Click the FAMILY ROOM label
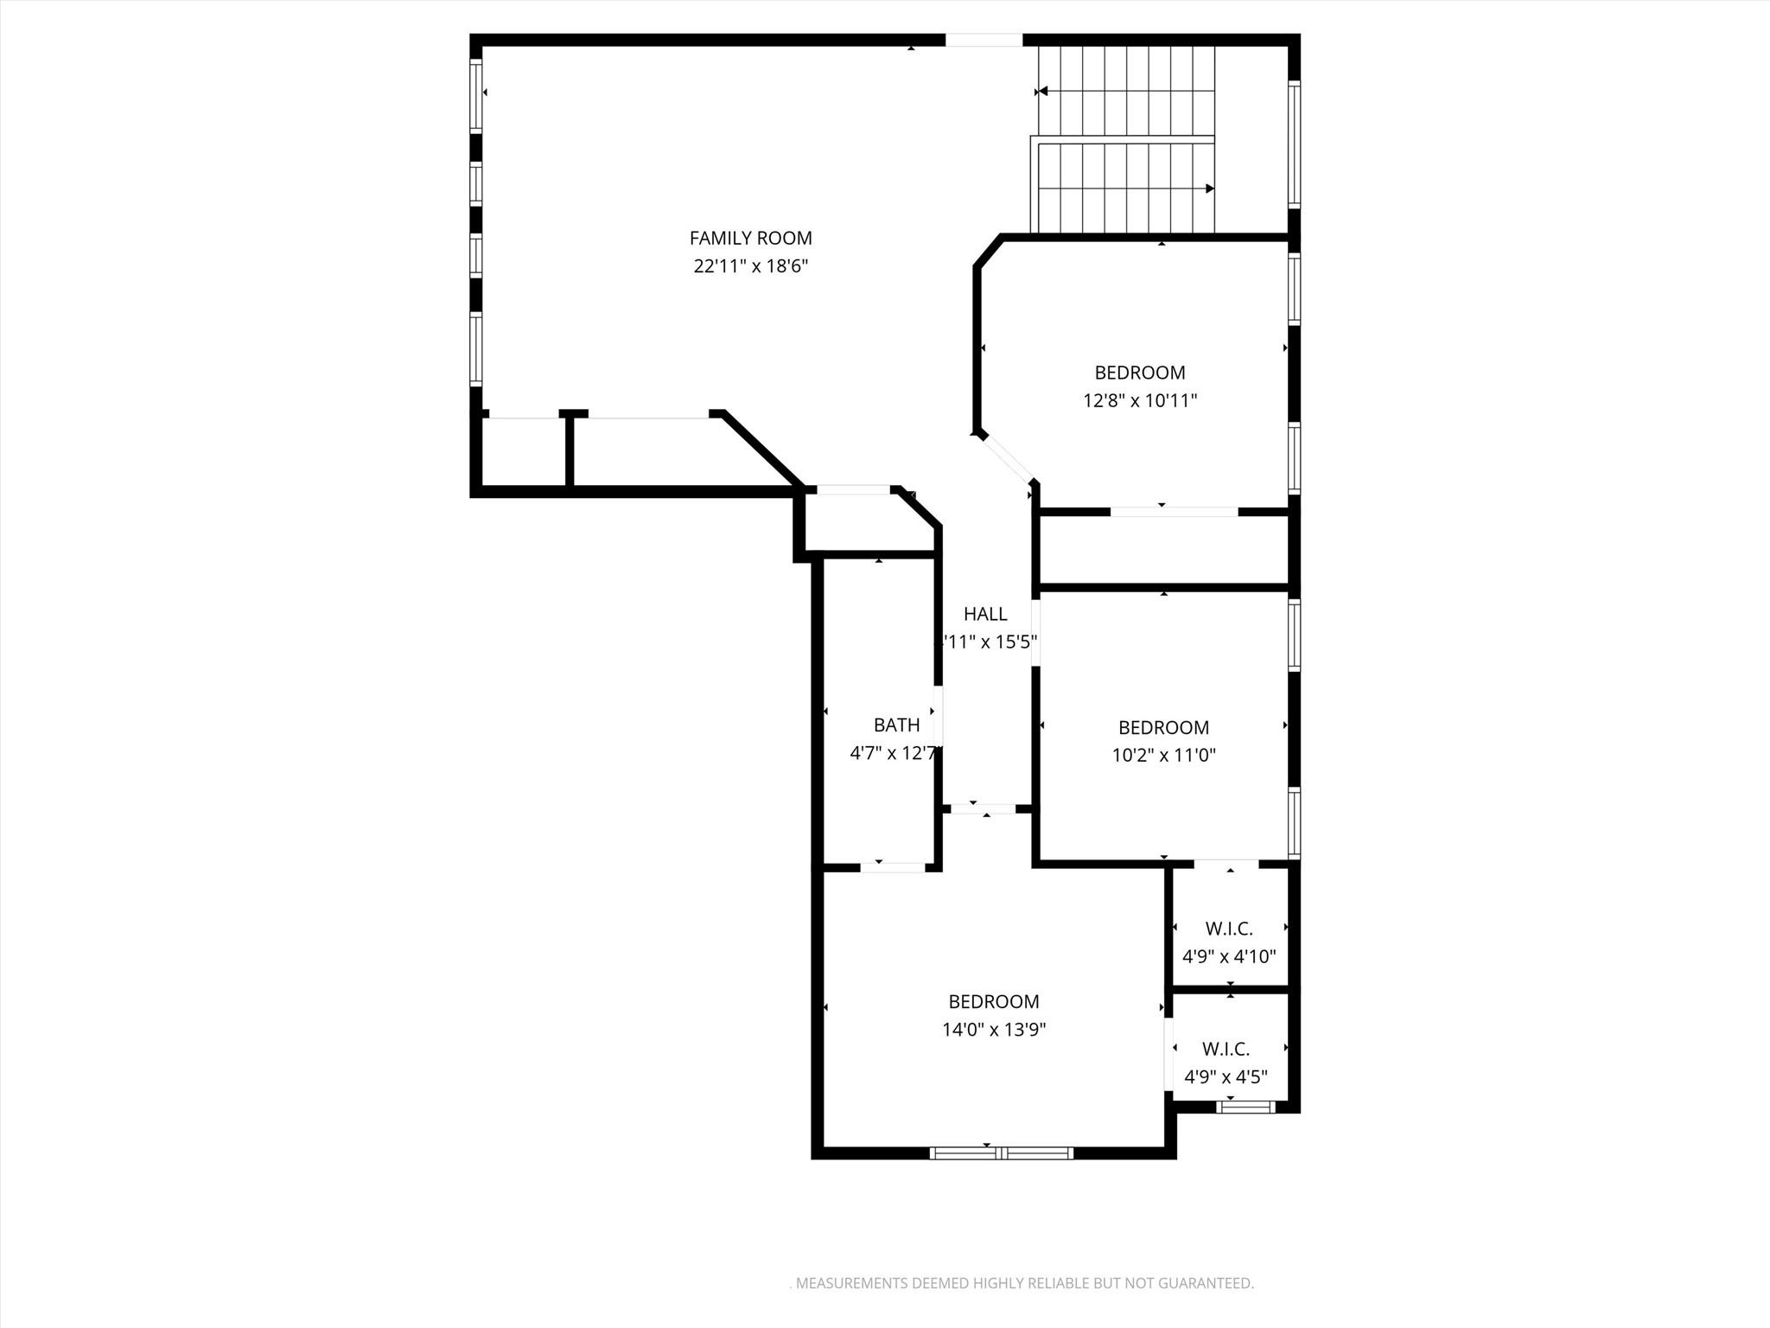click(750, 238)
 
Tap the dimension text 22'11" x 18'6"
click(750, 266)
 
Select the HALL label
click(985, 614)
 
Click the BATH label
click(896, 725)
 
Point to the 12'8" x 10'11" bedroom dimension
click(1140, 401)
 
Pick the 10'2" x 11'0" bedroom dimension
click(1163, 756)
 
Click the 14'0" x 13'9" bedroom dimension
click(994, 1030)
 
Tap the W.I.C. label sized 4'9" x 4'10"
click(1228, 929)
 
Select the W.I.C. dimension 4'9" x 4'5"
click(1226, 1077)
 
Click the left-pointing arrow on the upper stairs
click(1042, 91)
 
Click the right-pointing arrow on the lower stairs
click(1210, 188)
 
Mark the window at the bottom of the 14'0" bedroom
click(1001, 1152)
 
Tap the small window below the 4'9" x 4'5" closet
click(1245, 1107)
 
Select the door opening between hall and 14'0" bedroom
click(984, 809)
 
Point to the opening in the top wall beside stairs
click(984, 40)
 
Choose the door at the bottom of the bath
click(893, 867)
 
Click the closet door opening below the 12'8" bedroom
click(1174, 512)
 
